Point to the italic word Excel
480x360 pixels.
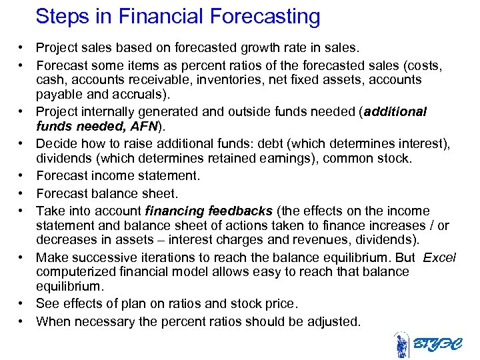point(439,257)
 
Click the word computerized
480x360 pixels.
point(74,272)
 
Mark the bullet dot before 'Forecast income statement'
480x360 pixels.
point(22,176)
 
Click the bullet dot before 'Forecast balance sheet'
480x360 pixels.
point(22,193)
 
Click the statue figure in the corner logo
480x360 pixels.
point(401,345)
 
